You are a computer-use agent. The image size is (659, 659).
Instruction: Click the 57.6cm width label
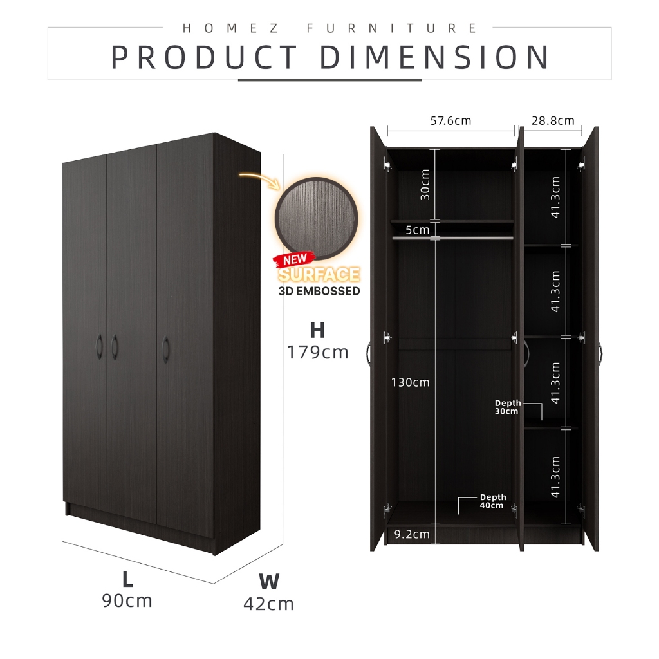450,121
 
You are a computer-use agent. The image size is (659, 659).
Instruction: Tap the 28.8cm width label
553,121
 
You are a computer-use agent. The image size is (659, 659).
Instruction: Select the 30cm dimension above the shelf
425,185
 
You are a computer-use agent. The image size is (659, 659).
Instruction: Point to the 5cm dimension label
417,230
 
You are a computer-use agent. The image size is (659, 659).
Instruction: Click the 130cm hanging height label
410,382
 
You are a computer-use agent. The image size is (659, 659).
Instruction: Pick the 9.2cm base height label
412,534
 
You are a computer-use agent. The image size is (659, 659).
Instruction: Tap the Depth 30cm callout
508,407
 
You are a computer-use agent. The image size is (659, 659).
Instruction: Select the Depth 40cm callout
493,501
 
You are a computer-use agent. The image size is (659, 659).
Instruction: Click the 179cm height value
318,353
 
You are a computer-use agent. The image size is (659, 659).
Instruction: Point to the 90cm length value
127,601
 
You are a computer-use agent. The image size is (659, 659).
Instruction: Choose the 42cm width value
268,604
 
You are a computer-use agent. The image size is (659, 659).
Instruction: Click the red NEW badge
295,259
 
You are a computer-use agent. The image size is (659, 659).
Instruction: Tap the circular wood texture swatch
317,218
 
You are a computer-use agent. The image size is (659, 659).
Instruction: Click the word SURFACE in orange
319,274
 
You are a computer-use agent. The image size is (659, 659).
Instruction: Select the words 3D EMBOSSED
319,292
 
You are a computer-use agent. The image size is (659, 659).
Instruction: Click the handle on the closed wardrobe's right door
165,349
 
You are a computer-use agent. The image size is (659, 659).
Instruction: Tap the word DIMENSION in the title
434,57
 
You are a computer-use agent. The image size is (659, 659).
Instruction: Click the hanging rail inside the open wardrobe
452,238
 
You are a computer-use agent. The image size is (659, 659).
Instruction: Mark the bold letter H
318,330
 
